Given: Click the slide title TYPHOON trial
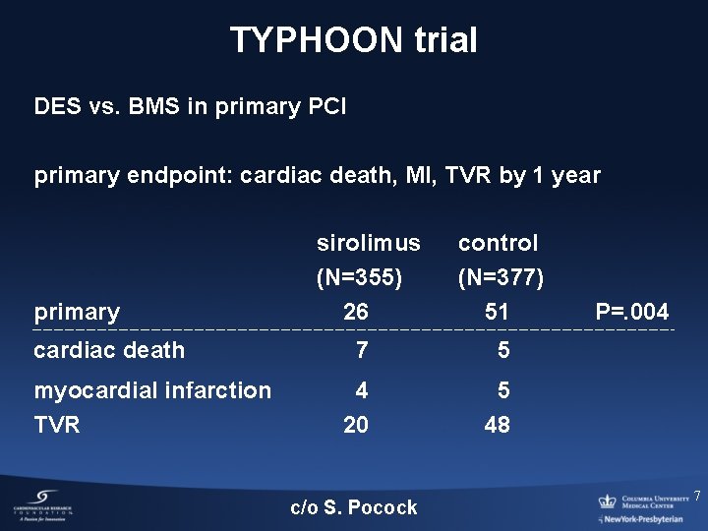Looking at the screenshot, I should coord(354,40).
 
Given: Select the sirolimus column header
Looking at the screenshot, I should coord(368,243).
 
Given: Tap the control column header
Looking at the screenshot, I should coord(498,243).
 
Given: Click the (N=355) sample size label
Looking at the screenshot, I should coord(359,278).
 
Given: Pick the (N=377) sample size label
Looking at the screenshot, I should coord(501,278).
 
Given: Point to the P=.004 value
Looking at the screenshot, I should coord(632,313).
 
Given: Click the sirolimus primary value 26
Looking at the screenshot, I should coord(356,313).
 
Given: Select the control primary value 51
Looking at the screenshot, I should coord(497,313).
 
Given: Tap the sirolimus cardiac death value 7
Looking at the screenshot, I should coord(362,350).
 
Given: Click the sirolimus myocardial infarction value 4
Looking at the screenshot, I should coord(362,391).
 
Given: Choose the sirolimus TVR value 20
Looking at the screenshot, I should coord(356,425).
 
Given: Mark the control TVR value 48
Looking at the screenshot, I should coord(497,425).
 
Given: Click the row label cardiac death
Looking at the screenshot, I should coord(109,350).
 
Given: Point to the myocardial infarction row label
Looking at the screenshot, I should coord(152,391).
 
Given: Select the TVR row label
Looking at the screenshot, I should coord(57,425).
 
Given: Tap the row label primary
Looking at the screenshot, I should coord(77,313).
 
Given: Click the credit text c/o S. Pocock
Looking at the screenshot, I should coord(354,507).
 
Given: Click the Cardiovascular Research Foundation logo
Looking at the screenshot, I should coord(43,504).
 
